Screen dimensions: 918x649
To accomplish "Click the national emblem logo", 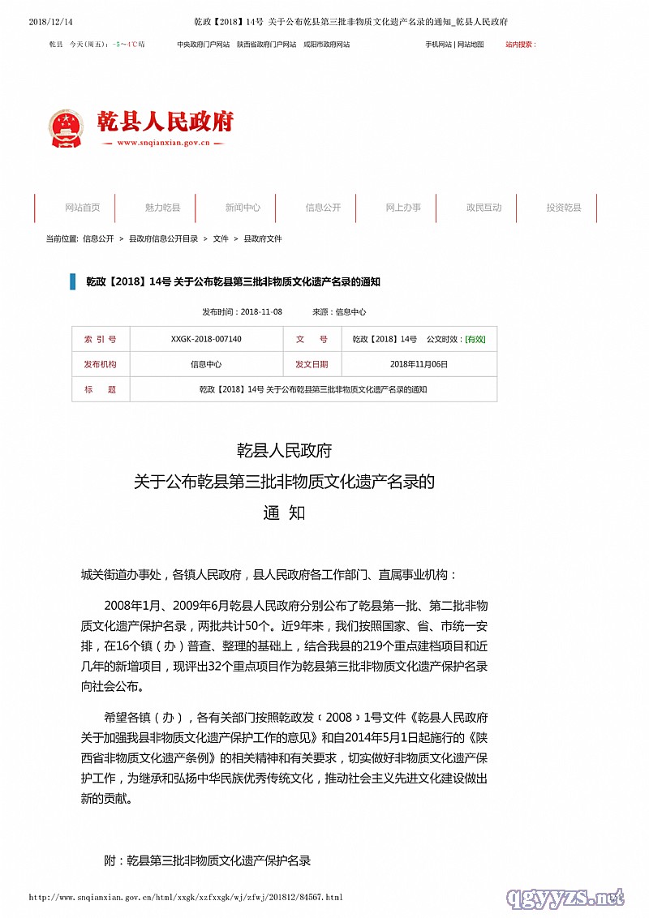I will click(66, 127).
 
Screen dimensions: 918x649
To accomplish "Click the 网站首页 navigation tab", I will click(83, 208).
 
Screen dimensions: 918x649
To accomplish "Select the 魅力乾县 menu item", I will click(163, 208).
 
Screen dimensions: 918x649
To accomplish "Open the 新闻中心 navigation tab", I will click(243, 208).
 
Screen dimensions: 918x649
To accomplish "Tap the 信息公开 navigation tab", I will click(323, 208).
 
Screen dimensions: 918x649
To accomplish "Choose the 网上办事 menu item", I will click(403, 208).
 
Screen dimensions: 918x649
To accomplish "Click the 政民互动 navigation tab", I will click(484, 208).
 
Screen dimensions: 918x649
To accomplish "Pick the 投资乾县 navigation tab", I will click(564, 208).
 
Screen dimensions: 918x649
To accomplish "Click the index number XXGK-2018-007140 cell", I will click(206, 339).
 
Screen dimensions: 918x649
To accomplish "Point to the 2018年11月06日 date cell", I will click(419, 364).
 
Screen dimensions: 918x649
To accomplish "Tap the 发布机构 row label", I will click(100, 364).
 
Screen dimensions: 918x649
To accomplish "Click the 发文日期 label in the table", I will click(312, 364).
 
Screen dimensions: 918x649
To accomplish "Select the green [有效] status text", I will click(475, 339).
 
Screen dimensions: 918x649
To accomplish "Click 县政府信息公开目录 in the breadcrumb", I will click(164, 238).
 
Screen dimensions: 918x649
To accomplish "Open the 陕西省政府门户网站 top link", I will click(266, 45).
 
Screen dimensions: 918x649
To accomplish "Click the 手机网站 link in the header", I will click(438, 45).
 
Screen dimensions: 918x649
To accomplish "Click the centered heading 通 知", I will click(284, 513).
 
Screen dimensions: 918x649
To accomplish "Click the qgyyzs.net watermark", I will click(565, 897).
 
